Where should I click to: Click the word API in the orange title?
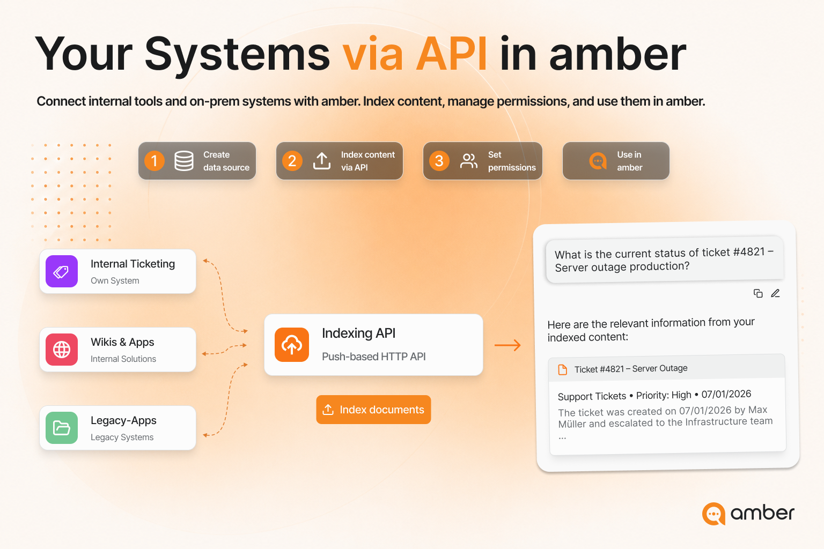pos(452,54)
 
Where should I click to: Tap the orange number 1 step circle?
pos(154,161)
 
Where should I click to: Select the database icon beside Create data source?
pos(184,161)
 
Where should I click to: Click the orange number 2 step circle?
pos(292,161)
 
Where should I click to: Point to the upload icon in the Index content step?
pos(322,161)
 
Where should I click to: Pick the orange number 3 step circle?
pos(439,161)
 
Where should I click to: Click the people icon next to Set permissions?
pos(469,161)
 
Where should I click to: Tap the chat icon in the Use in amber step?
pos(598,161)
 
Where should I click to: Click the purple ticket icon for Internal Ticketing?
pos(62,271)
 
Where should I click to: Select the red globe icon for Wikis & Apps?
pos(62,350)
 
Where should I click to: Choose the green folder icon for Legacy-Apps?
pos(62,428)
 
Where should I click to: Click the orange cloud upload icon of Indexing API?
pos(292,345)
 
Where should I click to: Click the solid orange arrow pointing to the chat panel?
pos(507,345)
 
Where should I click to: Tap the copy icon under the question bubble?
pos(758,293)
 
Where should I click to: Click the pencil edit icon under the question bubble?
pos(775,293)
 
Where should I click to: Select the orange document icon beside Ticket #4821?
pos(562,369)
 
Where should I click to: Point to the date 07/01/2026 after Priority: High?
pos(726,394)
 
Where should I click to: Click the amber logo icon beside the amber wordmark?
pos(713,514)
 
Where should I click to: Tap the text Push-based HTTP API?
pos(374,357)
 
